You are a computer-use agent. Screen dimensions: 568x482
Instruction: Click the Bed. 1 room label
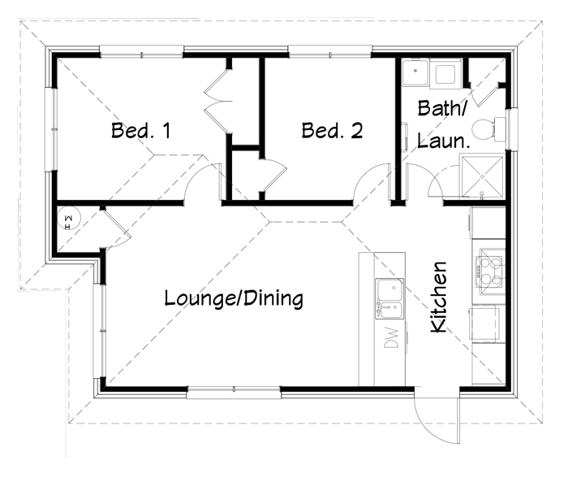click(x=141, y=130)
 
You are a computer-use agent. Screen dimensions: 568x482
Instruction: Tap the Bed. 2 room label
click(x=332, y=130)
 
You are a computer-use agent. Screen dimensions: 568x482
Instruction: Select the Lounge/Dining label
click(x=234, y=298)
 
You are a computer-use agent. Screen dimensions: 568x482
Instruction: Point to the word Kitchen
click(x=439, y=297)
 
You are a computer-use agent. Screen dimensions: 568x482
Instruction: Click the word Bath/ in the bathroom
click(x=442, y=108)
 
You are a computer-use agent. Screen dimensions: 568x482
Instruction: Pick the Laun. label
click(x=443, y=141)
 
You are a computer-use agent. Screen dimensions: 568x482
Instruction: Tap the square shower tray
click(x=482, y=176)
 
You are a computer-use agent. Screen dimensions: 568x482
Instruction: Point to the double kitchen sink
click(x=389, y=298)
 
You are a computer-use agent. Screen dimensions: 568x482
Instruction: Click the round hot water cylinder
click(x=69, y=218)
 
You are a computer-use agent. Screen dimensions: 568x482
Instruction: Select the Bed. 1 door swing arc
click(x=197, y=174)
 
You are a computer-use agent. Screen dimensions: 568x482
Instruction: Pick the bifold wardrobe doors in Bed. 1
click(x=217, y=101)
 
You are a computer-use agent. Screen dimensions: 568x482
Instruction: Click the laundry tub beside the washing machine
click(x=415, y=72)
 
